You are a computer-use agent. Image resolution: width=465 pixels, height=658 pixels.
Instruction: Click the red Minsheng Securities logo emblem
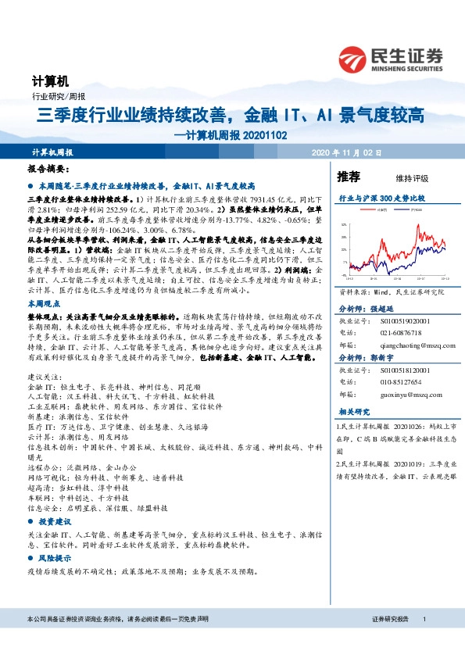[355, 58]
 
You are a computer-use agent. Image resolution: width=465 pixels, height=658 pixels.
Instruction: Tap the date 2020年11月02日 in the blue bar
[345, 152]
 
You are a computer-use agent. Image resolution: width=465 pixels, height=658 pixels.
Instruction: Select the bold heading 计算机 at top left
[50, 81]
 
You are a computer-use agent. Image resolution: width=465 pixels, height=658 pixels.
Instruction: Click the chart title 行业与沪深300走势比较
[381, 199]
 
